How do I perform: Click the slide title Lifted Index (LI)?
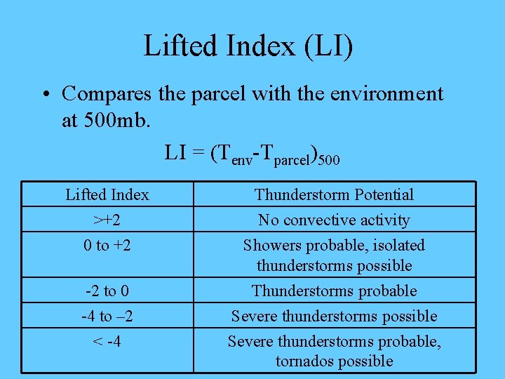[x=248, y=46]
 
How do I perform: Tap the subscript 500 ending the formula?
[x=329, y=161]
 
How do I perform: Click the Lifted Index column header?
[x=107, y=194]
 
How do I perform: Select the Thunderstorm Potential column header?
[x=334, y=194]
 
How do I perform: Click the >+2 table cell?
[x=107, y=220]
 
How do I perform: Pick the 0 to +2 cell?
[x=107, y=245]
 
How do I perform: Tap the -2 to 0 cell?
[x=107, y=291]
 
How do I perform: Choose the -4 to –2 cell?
[x=107, y=316]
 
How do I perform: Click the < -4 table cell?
[x=107, y=342]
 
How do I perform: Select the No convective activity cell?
[x=334, y=220]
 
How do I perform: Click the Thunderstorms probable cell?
[x=334, y=291]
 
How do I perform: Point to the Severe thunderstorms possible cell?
[x=334, y=316]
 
